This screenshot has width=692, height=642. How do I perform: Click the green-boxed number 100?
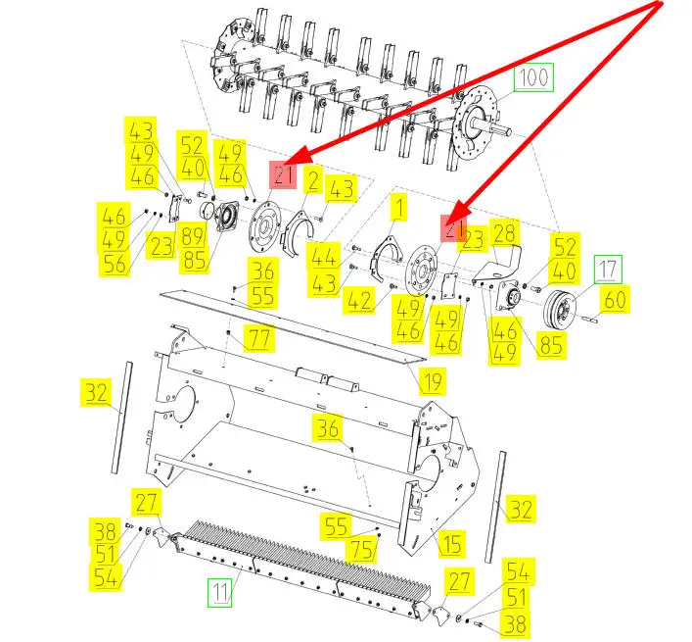[533, 77]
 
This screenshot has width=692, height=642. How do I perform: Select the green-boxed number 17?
[608, 270]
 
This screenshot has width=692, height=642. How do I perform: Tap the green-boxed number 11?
[220, 593]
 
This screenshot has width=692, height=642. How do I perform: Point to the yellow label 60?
[615, 300]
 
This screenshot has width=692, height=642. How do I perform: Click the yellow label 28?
[504, 233]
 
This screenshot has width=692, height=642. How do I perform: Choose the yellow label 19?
[432, 381]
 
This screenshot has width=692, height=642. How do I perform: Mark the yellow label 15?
[451, 543]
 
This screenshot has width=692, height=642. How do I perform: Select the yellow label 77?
[259, 338]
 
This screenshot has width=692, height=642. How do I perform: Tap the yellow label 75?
[362, 550]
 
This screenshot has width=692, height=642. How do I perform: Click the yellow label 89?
[193, 235]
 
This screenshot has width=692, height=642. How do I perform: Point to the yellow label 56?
[115, 264]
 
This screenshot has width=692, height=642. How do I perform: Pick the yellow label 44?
[324, 256]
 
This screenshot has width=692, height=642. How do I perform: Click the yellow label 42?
[359, 301]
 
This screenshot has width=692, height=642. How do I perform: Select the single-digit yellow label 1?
[399, 207]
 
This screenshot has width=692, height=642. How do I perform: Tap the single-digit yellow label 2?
[313, 181]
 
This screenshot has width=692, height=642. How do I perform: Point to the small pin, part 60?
[588, 317]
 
